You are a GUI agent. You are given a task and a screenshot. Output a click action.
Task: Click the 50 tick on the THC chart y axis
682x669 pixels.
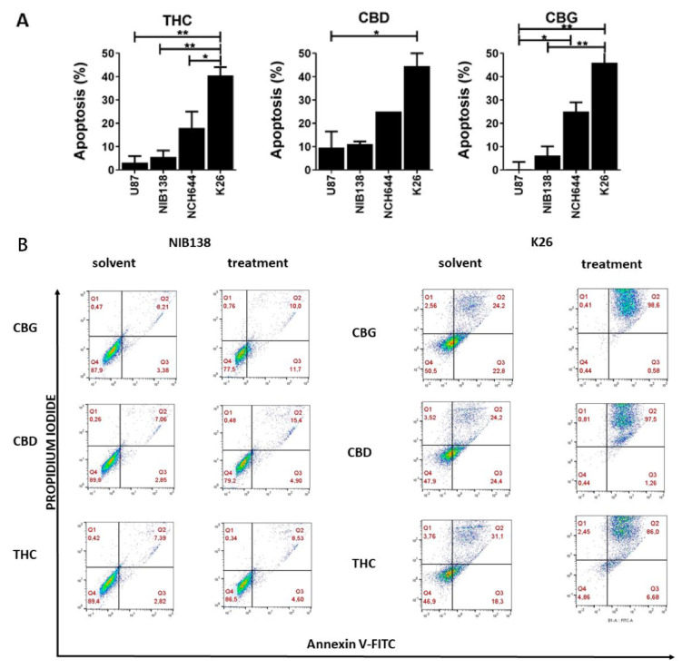point(115,53)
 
